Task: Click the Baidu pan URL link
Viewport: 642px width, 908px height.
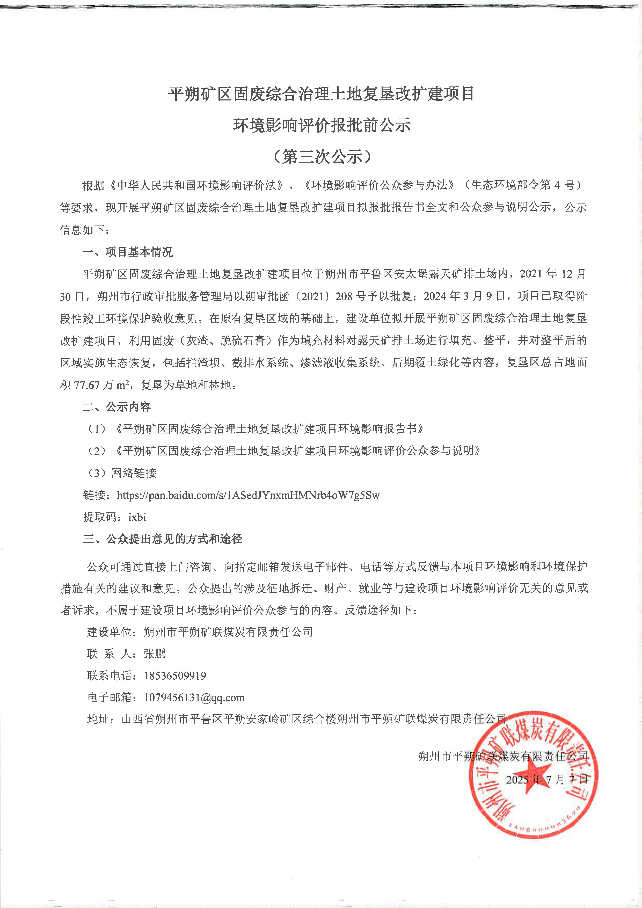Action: [248, 495]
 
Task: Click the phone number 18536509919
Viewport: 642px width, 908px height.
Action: [175, 675]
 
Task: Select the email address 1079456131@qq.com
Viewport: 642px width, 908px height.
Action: [194, 698]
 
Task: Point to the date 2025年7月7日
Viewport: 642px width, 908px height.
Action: [547, 780]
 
